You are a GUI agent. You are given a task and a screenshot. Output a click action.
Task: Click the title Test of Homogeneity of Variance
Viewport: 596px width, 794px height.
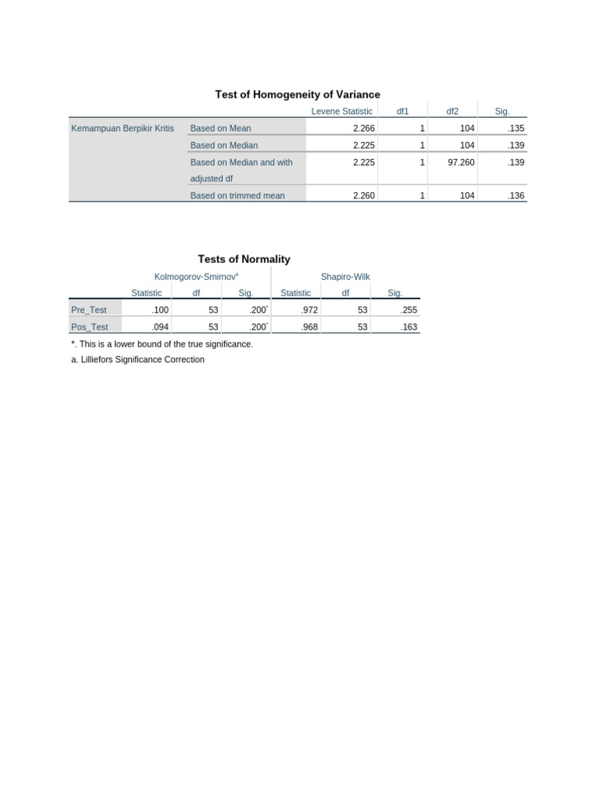[297, 95]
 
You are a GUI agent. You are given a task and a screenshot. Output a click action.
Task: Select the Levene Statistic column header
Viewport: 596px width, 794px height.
[341, 112]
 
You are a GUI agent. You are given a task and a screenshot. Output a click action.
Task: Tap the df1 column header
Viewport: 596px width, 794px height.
[402, 112]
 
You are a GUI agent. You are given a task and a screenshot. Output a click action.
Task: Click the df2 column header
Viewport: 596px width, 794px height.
[452, 112]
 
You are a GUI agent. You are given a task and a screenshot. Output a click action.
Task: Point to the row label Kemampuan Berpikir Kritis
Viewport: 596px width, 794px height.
[123, 129]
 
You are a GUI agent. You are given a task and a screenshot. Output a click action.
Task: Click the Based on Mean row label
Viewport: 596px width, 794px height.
[220, 129]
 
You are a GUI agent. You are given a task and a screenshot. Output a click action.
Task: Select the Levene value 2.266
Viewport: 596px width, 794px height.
[363, 129]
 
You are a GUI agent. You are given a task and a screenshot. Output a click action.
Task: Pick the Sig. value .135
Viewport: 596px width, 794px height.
[516, 129]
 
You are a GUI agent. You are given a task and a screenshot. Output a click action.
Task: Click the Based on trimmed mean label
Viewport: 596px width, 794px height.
[237, 196]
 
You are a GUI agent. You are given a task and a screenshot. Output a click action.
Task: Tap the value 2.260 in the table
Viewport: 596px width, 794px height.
[363, 196]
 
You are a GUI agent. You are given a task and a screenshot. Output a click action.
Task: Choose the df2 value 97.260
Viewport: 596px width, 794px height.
[461, 163]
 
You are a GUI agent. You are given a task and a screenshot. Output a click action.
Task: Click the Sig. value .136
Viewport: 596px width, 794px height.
[516, 196]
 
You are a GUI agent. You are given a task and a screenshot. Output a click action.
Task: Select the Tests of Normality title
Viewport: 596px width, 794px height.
[244, 260]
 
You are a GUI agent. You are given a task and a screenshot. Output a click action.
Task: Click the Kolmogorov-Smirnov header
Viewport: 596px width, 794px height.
[196, 277]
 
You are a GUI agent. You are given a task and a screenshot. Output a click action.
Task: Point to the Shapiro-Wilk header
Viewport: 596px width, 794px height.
[345, 277]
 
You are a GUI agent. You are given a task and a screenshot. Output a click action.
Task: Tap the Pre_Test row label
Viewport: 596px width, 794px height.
[88, 310]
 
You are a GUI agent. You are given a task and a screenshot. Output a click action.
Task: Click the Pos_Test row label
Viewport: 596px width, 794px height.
[89, 327]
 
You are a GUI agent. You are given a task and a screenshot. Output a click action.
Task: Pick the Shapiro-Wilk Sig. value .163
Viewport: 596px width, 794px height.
[408, 327]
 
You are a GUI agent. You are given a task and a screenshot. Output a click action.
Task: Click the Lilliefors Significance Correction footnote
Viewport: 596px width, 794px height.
[137, 360]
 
